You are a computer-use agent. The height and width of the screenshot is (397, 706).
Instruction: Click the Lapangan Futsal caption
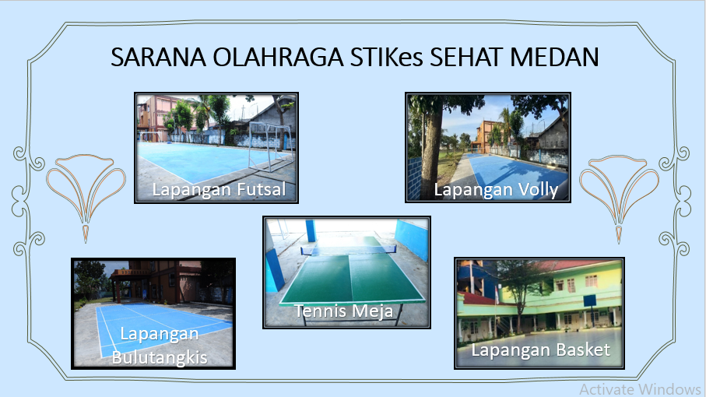(x=219, y=189)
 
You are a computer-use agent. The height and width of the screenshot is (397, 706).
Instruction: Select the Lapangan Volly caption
(x=496, y=189)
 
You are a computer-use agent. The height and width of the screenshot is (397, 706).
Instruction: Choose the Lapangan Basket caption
(x=540, y=350)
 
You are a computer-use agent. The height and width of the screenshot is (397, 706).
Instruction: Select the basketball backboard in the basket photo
(x=588, y=300)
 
